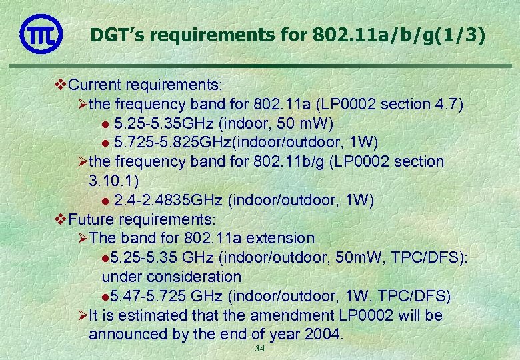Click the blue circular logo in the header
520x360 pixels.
(41, 33)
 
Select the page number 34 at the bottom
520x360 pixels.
(259, 350)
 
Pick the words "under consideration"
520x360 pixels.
(171, 276)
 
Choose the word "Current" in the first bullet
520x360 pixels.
(95, 85)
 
